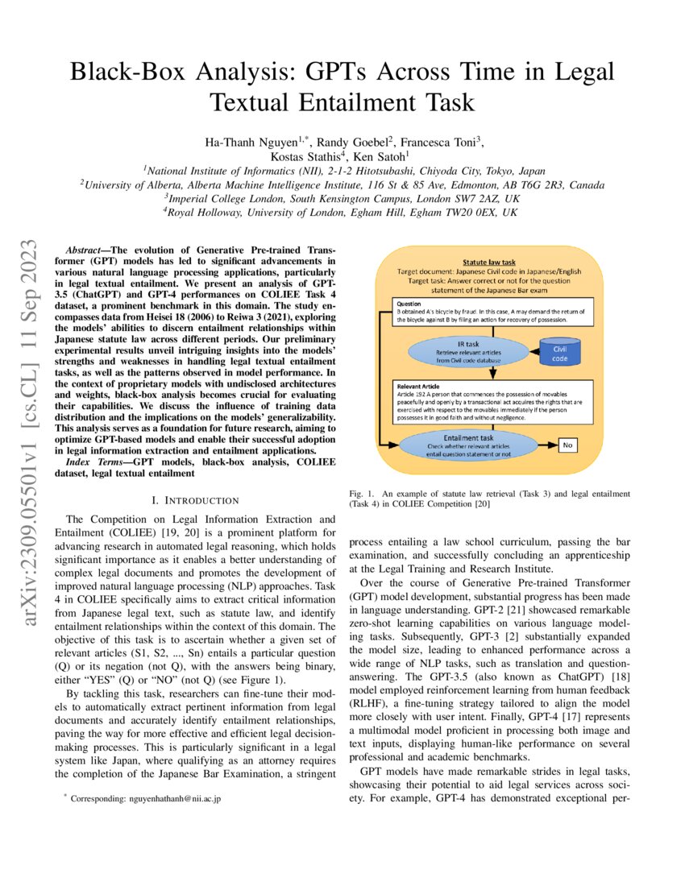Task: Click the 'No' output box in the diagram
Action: point(567,445)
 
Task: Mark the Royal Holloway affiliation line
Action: point(342,212)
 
